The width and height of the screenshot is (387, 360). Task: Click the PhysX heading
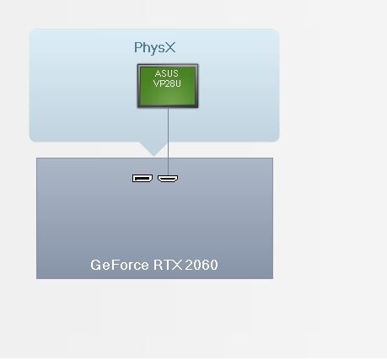click(154, 48)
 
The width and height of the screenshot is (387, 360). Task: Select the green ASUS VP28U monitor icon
click(168, 86)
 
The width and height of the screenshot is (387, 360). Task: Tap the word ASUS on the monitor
click(166, 73)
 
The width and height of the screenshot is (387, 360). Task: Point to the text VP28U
click(167, 83)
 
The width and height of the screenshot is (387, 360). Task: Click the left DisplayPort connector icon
click(142, 178)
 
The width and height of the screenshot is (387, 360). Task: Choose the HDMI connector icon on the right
click(168, 179)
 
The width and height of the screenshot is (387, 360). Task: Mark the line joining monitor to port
click(168, 142)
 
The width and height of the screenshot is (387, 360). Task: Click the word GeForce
click(120, 265)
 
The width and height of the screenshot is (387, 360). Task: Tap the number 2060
click(202, 265)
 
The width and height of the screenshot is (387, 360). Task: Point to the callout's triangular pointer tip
click(153, 156)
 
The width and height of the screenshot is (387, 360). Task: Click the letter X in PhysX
click(169, 47)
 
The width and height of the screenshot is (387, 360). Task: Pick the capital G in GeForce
click(95, 265)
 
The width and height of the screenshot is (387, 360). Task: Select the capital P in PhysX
click(137, 47)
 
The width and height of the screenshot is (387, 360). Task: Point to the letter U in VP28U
click(178, 83)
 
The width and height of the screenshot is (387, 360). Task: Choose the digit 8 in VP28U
click(172, 83)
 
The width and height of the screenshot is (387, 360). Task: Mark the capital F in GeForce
click(116, 265)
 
